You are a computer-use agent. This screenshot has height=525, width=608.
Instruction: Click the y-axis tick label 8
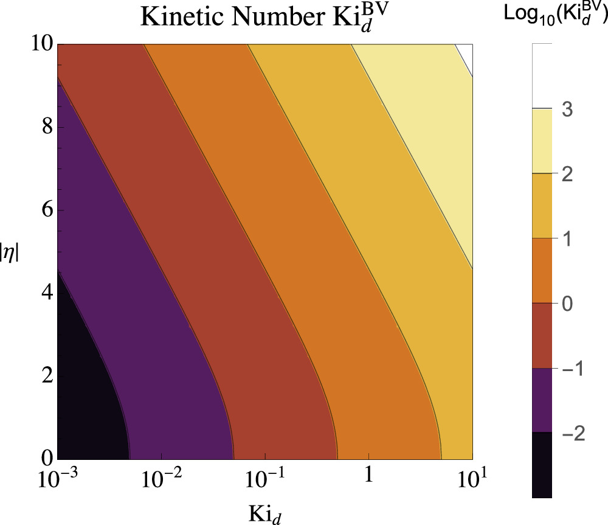pos(44,128)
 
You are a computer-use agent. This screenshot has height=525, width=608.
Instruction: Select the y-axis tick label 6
pos(44,210)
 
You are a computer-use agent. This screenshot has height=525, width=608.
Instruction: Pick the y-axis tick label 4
pos(44,293)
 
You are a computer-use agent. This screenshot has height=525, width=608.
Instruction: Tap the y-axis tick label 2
pos(44,376)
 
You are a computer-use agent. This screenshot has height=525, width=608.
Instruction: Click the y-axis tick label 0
pos(44,458)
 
